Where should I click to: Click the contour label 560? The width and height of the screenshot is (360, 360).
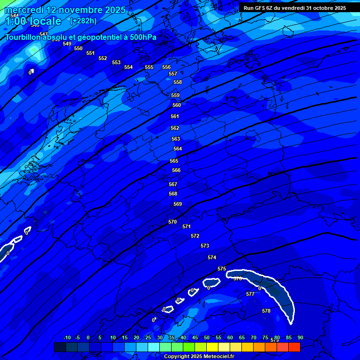pyautogui.click(x=177, y=105)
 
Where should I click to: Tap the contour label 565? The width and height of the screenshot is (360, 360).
pyautogui.click(x=174, y=161)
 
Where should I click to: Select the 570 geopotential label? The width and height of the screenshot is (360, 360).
pyautogui.click(x=172, y=222)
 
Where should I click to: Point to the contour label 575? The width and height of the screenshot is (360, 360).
pyautogui.click(x=222, y=269)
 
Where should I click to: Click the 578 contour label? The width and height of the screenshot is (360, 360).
pyautogui.click(x=266, y=311)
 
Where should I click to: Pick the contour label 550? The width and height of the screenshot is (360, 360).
pyautogui.click(x=78, y=48)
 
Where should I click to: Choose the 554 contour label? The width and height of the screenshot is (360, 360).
pyautogui.click(x=128, y=67)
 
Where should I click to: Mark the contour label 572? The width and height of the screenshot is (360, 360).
pyautogui.click(x=195, y=236)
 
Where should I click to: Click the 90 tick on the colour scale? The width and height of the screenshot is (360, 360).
pyautogui.click(x=300, y=337)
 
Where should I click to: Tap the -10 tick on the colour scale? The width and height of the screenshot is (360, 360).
pyautogui.click(x=67, y=337)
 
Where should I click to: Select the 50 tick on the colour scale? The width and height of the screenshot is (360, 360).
pyautogui.click(x=207, y=337)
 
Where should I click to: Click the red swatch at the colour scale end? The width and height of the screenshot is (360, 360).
pyautogui.click(x=294, y=347)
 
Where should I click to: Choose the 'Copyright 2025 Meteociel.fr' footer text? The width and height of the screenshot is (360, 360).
pyautogui.click(x=199, y=357)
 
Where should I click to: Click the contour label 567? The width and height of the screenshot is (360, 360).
pyautogui.click(x=173, y=184)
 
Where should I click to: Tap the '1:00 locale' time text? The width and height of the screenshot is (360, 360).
pyautogui.click(x=33, y=21)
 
